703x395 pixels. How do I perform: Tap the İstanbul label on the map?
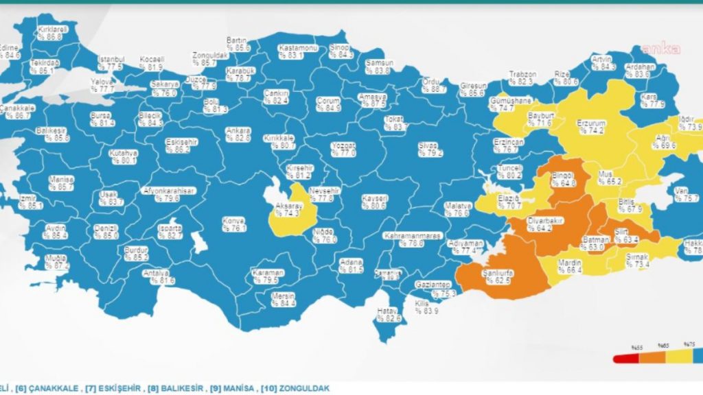(x=111, y=59)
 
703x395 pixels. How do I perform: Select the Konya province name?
(x=233, y=221)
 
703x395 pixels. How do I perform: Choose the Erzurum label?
(x=590, y=123)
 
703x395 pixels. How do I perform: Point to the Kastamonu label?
(x=297, y=48)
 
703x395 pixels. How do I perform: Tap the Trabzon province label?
(x=522, y=74)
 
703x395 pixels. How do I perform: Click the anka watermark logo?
(x=660, y=49)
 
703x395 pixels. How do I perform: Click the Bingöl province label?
(x=563, y=176)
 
